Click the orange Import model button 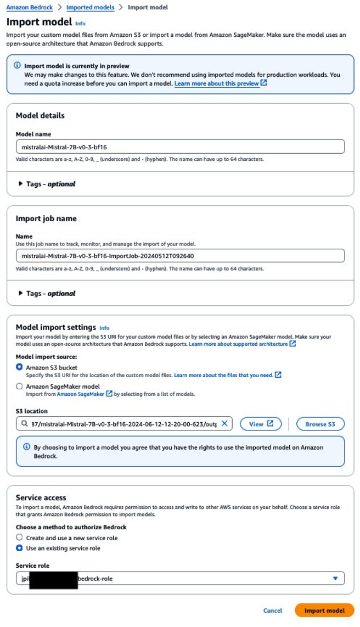[324, 610]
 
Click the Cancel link [273, 610]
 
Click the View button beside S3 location [261, 424]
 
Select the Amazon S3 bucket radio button [20, 367]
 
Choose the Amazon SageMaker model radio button [20, 386]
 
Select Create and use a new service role [20, 538]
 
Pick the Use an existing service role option [20, 548]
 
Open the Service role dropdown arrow [335, 578]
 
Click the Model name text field [180, 147]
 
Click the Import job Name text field [180, 256]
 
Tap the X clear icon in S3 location [224, 424]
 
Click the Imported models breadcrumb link [90, 8]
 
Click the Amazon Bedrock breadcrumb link [29, 8]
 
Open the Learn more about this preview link [217, 83]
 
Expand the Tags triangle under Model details [20, 184]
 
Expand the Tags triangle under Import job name [20, 293]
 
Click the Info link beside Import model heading [80, 24]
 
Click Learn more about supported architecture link [238, 344]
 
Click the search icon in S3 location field [25, 424]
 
